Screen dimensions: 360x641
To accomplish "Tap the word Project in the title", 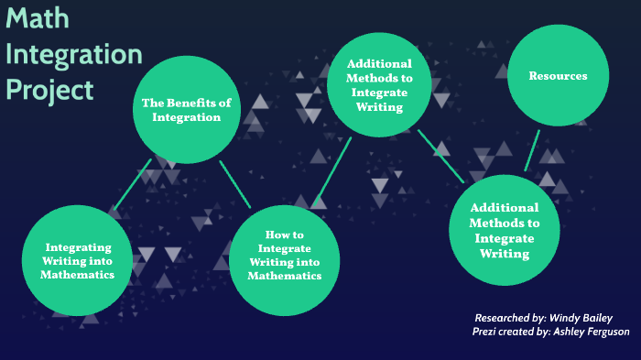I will point(49,89).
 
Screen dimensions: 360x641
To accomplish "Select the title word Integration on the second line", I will point(73,53).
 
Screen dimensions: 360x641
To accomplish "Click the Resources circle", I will point(559,76).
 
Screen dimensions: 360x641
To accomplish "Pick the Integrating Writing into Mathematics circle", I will point(81,261).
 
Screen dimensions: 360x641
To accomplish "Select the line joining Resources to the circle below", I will point(532,149).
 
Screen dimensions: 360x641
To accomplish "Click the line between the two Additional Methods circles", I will point(440,155).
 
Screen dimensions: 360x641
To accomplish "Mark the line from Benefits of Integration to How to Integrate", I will point(235,184).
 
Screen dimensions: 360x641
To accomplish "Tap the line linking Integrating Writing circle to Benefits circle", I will point(133,189).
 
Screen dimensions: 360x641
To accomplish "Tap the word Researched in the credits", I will point(506,317).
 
